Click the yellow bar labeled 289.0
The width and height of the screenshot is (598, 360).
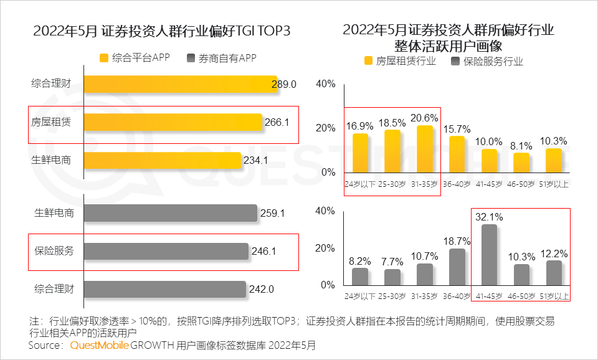[180, 84]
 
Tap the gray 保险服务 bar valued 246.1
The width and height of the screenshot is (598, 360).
[166, 251]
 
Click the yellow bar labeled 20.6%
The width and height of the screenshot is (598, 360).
[425, 149]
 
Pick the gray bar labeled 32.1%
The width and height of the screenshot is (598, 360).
[490, 254]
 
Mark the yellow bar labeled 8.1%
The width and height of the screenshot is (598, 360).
[521, 163]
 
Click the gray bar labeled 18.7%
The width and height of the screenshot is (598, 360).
[457, 267]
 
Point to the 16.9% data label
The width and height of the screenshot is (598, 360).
[361, 126]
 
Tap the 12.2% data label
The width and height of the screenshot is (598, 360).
[554, 253]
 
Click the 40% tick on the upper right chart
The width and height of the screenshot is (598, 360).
[325, 84]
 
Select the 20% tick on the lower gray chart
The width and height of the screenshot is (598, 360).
[325, 248]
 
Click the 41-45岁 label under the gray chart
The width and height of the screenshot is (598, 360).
[490, 296]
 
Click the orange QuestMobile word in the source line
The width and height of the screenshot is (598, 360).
[100, 344]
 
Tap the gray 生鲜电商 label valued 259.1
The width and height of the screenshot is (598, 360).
[54, 213]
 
